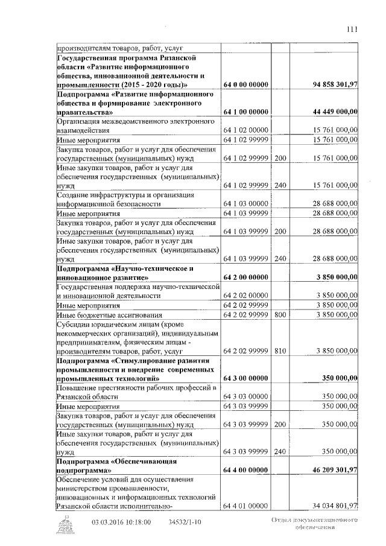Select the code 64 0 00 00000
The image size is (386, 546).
pos(245,84)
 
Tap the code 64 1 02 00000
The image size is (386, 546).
pos(245,130)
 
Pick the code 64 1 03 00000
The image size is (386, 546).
pos(245,204)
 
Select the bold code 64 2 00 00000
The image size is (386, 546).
pos(245,277)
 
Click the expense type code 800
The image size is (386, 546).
pos(280,314)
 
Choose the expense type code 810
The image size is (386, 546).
pos(280,351)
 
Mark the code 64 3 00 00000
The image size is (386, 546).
pos(245,378)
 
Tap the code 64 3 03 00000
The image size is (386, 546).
pos(245,396)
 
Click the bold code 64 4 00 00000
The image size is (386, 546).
pos(245,469)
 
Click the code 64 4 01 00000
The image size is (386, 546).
pos(245,506)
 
